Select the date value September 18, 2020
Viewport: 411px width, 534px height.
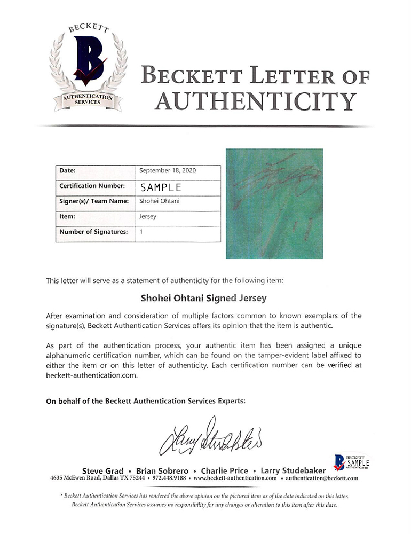point(168,171)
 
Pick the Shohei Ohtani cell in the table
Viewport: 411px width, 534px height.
point(160,201)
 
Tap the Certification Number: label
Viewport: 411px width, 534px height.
point(92,186)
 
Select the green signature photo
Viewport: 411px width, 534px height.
point(274,203)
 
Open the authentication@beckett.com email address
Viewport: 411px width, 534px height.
point(322,478)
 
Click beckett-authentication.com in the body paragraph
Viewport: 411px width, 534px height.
point(88,375)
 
